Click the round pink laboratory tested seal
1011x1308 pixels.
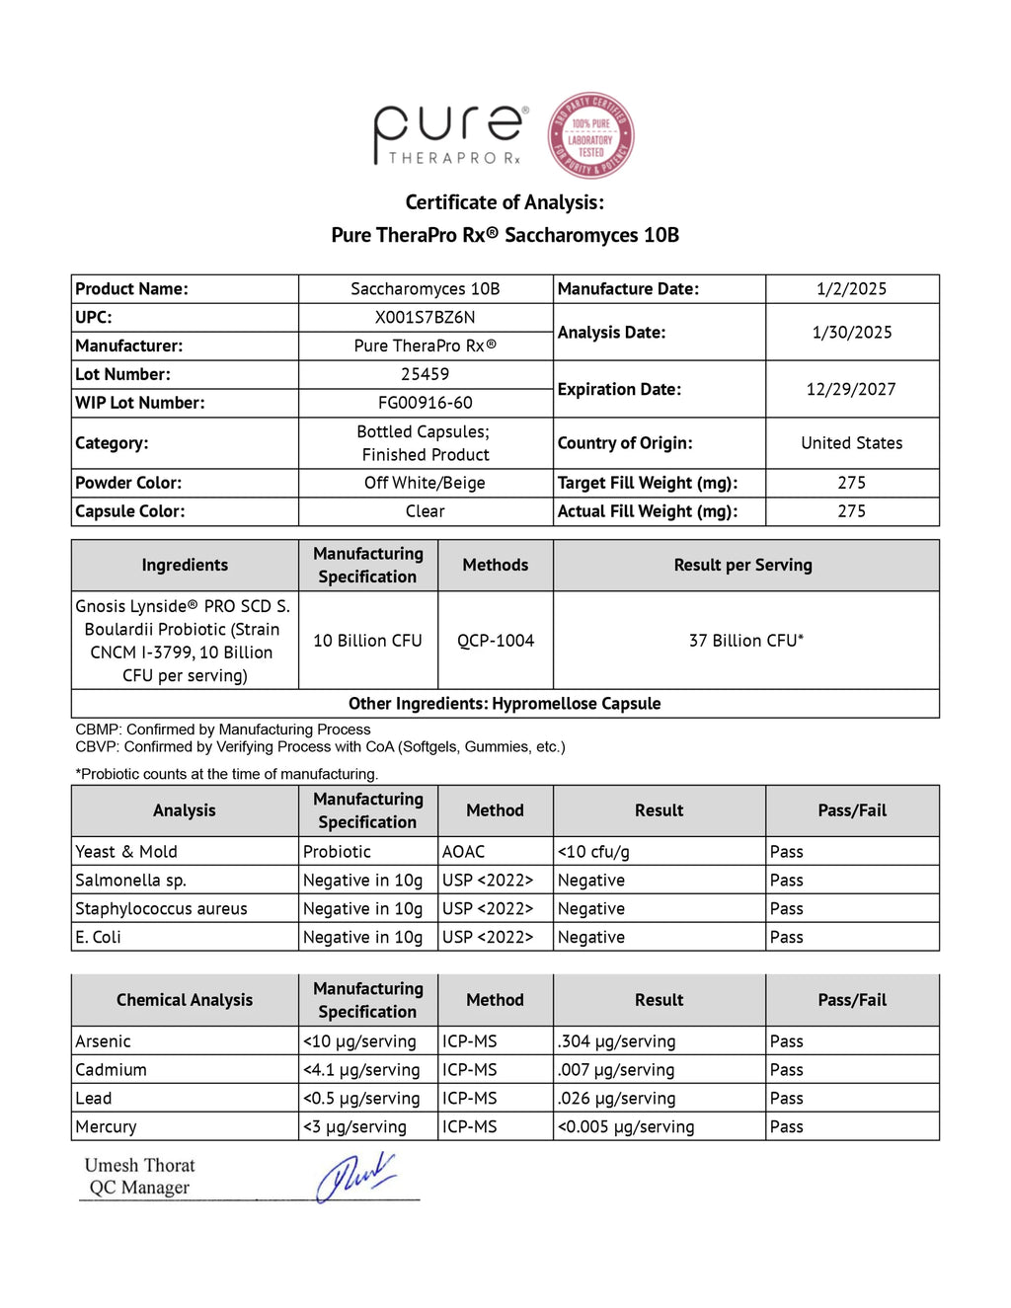click(590, 136)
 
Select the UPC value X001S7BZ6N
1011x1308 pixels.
click(425, 317)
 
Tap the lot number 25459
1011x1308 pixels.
click(425, 374)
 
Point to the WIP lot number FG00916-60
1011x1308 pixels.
click(425, 403)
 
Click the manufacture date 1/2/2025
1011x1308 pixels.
click(851, 288)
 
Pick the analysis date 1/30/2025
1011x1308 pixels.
click(851, 332)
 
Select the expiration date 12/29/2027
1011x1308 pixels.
click(851, 389)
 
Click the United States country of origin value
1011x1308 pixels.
click(851, 443)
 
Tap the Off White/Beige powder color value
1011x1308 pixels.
click(425, 483)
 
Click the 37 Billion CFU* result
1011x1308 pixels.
click(745, 641)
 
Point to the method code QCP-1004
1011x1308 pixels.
click(495, 641)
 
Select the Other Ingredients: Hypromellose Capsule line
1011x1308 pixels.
click(505, 704)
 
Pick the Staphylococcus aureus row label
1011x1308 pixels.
click(161, 909)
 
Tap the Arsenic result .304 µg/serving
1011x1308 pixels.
click(616, 1041)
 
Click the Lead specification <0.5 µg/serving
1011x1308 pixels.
click(361, 1099)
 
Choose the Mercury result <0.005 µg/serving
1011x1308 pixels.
click(626, 1127)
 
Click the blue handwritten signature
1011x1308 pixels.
click(355, 1176)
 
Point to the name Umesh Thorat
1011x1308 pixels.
click(139, 1166)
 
